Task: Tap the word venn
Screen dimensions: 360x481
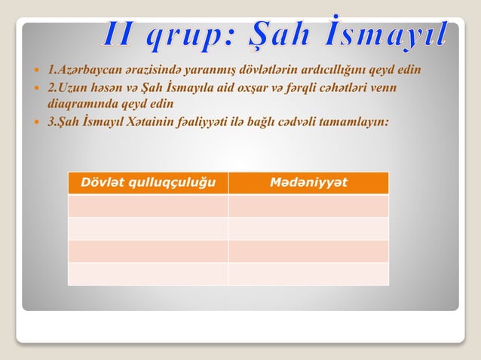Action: pos(381,88)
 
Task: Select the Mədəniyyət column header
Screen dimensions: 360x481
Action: pos(308,183)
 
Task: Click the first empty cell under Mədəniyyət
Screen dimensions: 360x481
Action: pos(308,206)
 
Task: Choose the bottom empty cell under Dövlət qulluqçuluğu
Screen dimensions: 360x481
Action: pos(148,274)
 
